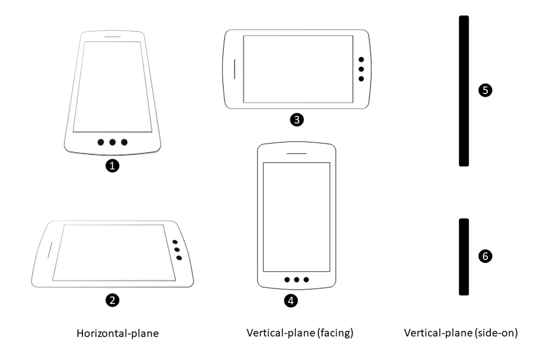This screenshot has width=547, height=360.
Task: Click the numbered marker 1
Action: (x=115, y=165)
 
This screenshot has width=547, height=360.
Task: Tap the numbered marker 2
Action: (x=115, y=300)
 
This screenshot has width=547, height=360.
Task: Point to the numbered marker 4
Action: (x=290, y=300)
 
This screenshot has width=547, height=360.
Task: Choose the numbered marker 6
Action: (x=485, y=256)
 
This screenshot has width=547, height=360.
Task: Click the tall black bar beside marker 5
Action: (x=464, y=91)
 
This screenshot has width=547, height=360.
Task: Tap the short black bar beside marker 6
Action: (x=464, y=256)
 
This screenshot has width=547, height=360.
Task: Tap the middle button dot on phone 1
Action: (x=113, y=142)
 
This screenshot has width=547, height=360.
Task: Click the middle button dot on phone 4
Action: (x=297, y=280)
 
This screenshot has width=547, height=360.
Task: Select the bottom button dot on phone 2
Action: (x=179, y=258)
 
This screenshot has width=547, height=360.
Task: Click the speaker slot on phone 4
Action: (x=297, y=153)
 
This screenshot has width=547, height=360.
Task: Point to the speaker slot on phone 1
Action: (x=112, y=36)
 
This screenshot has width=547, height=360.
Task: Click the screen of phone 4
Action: (x=297, y=217)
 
